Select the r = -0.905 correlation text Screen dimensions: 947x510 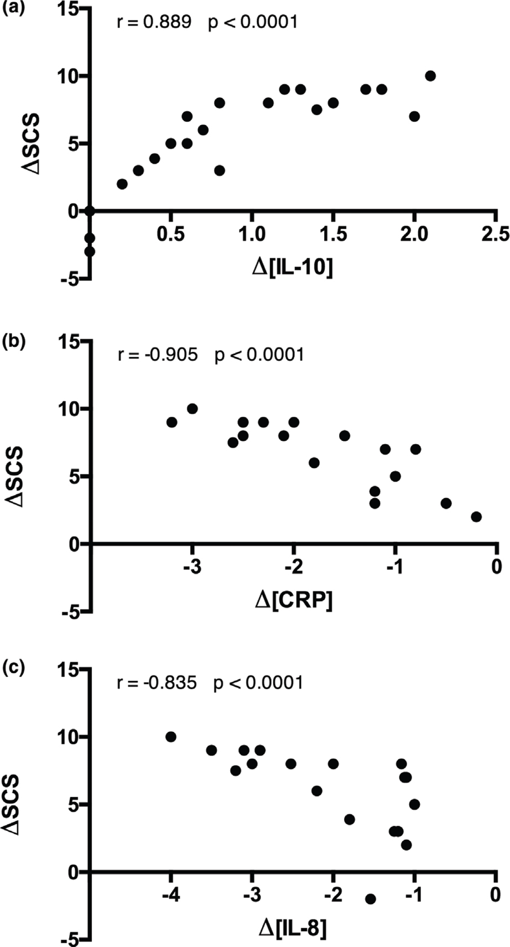point(158,354)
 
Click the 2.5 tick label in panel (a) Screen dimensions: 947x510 point(496,234)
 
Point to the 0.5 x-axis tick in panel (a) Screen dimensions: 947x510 point(170,234)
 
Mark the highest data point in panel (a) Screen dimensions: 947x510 point(430,76)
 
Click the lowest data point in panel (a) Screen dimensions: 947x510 point(90,252)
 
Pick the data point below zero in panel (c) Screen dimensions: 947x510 point(371,899)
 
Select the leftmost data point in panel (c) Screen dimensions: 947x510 point(171,737)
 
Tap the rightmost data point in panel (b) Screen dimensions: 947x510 point(476,517)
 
